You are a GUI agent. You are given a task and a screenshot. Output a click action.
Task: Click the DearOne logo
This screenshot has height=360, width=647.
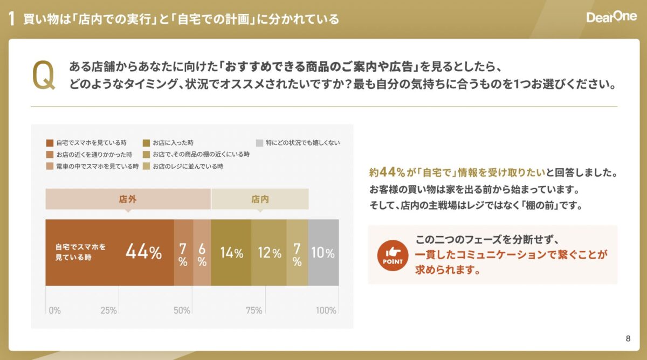(611, 18)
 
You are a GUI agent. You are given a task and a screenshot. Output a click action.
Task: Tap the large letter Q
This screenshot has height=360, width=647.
(44, 75)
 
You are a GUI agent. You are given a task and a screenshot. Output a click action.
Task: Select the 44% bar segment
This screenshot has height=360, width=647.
(109, 252)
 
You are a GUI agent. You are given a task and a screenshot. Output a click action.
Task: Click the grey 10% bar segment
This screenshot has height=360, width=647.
(323, 252)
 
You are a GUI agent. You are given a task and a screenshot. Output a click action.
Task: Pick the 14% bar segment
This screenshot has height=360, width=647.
(231, 252)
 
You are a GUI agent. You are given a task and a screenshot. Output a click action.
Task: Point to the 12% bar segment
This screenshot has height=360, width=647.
(269, 252)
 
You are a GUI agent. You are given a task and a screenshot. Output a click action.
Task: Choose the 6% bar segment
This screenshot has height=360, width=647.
(202, 252)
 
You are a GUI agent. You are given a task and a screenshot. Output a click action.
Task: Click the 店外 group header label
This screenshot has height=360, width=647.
(128, 199)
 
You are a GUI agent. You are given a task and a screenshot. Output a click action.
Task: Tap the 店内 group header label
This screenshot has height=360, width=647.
(260, 199)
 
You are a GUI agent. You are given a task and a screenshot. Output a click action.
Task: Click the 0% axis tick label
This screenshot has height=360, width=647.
(54, 310)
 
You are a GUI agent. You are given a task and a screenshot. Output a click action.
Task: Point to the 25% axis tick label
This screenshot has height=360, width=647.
(109, 310)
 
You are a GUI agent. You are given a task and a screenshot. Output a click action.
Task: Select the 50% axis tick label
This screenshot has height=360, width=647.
(182, 310)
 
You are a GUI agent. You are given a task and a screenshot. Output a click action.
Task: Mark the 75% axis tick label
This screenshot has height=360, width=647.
(254, 310)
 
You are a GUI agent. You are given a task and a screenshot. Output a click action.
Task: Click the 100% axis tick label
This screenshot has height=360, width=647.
(326, 310)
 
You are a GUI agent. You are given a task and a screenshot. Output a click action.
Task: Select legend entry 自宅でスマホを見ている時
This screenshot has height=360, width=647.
(86, 143)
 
